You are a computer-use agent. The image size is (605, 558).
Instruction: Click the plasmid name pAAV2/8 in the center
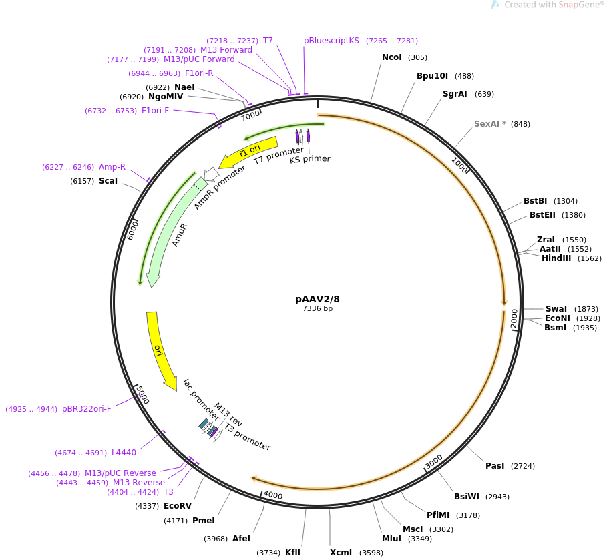pos(322,299)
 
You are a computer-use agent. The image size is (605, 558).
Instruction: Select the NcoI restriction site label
pos(391,57)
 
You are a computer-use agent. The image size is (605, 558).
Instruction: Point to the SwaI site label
pos(556,309)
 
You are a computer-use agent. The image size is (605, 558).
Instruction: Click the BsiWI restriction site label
pos(466,496)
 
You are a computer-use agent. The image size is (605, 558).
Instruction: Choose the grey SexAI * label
pos(490,124)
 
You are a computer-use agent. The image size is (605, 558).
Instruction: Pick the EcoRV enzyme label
pos(177,506)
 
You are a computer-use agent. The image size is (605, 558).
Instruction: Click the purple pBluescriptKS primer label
pos(331,41)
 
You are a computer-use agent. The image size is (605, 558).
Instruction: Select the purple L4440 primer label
pos(124,453)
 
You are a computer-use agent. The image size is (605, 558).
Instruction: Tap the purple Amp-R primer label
pos(112,167)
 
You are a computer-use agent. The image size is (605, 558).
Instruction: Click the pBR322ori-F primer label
pos(86,409)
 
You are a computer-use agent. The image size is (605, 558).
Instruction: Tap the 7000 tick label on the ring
pos(251,115)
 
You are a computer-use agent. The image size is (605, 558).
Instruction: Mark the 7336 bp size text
pos(317,309)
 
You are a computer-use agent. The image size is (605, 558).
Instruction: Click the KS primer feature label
pos(309,159)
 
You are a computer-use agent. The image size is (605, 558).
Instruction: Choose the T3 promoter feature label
pos(248,437)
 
